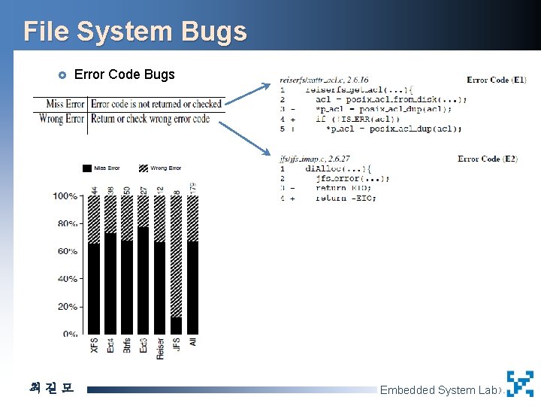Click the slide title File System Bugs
tap(135, 32)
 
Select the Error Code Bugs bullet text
tap(125, 74)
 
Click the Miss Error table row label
tap(65, 104)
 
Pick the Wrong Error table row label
tap(62, 119)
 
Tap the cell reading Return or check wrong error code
tap(150, 119)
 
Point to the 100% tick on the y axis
tap(65, 196)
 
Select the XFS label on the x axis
tap(94, 346)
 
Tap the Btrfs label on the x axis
tap(127, 345)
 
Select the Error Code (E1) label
tap(496, 80)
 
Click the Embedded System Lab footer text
tap(438, 389)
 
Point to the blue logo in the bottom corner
tap(520, 383)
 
